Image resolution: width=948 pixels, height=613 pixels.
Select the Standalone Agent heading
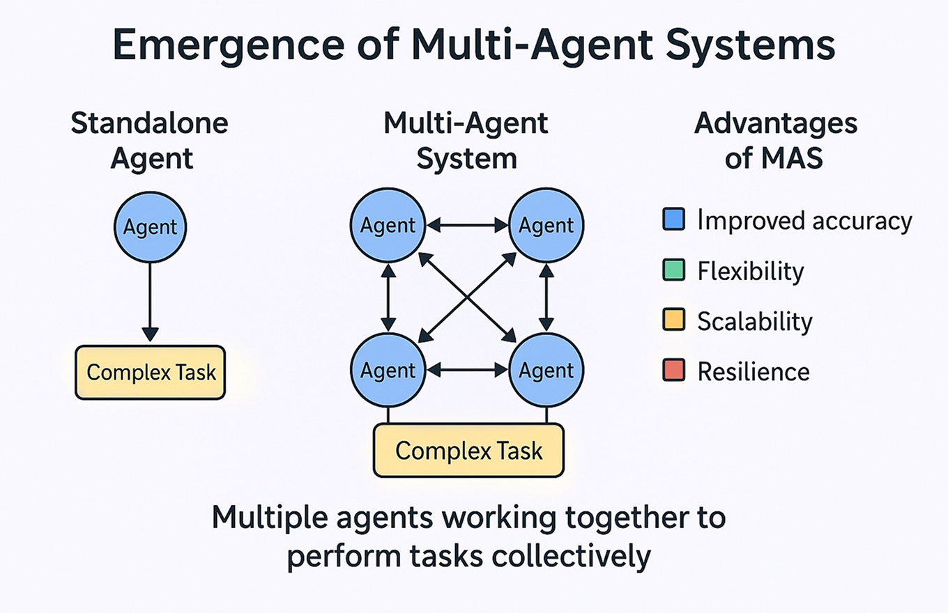click(x=150, y=141)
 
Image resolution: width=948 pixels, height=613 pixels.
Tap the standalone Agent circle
click(x=151, y=227)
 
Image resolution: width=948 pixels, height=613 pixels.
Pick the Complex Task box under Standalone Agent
click(x=151, y=372)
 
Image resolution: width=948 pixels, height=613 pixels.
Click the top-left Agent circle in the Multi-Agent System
click(x=388, y=225)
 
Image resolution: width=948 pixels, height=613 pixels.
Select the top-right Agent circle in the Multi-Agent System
click(x=546, y=225)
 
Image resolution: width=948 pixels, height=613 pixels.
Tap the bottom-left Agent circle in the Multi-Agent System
click(x=388, y=370)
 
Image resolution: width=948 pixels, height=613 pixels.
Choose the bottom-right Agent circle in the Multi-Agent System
click(x=546, y=370)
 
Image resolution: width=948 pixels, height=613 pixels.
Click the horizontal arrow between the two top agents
click(x=467, y=226)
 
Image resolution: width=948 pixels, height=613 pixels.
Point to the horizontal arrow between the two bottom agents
click(x=467, y=371)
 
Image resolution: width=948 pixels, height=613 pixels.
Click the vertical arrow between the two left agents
click(x=388, y=298)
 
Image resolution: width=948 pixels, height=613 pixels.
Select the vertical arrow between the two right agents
click(x=546, y=298)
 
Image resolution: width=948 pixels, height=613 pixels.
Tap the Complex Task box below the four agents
click(x=468, y=451)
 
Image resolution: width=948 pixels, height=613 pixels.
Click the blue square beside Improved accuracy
click(x=673, y=219)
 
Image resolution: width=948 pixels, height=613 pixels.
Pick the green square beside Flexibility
click(x=673, y=270)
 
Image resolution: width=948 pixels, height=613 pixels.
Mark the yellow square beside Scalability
click(x=673, y=320)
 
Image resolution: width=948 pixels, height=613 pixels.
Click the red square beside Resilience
click(x=673, y=370)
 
